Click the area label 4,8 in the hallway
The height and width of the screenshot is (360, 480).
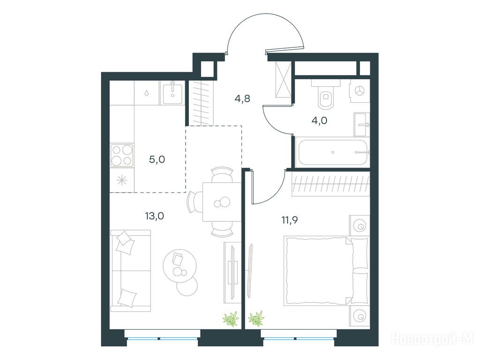point(242,99)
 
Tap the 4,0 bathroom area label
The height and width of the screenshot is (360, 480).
point(319,120)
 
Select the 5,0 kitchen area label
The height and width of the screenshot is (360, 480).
point(157,159)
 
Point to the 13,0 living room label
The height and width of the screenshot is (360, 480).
point(155,216)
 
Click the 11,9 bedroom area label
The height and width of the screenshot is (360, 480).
point(290,220)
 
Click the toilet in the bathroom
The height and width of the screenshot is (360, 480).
point(326,94)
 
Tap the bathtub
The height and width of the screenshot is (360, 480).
point(332,152)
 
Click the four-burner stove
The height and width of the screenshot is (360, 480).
point(122,156)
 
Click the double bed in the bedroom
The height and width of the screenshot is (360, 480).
point(326,270)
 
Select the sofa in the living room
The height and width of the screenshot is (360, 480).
point(131,270)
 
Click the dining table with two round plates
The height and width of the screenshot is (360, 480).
point(222,202)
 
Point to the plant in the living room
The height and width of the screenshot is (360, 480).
point(231,319)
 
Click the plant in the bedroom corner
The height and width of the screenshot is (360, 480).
point(256,318)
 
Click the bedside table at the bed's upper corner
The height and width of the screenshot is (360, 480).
point(360,225)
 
